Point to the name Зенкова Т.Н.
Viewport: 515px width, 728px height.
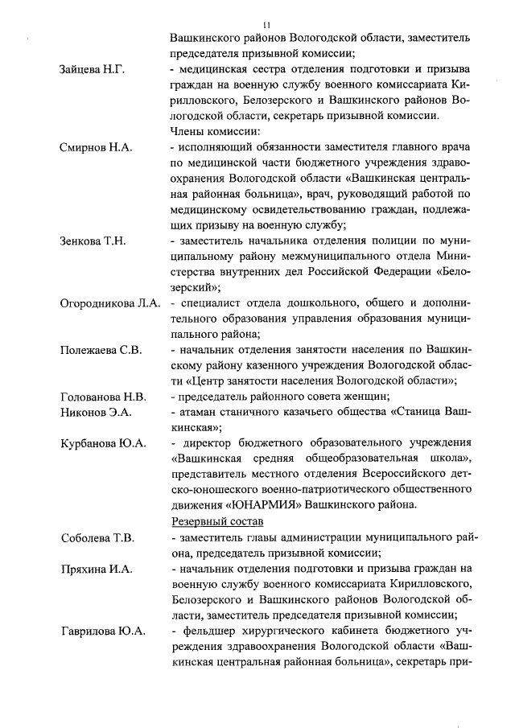pos(93,241)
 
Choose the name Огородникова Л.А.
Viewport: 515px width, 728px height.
pos(111,303)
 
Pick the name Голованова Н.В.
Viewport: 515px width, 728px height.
pos(103,396)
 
